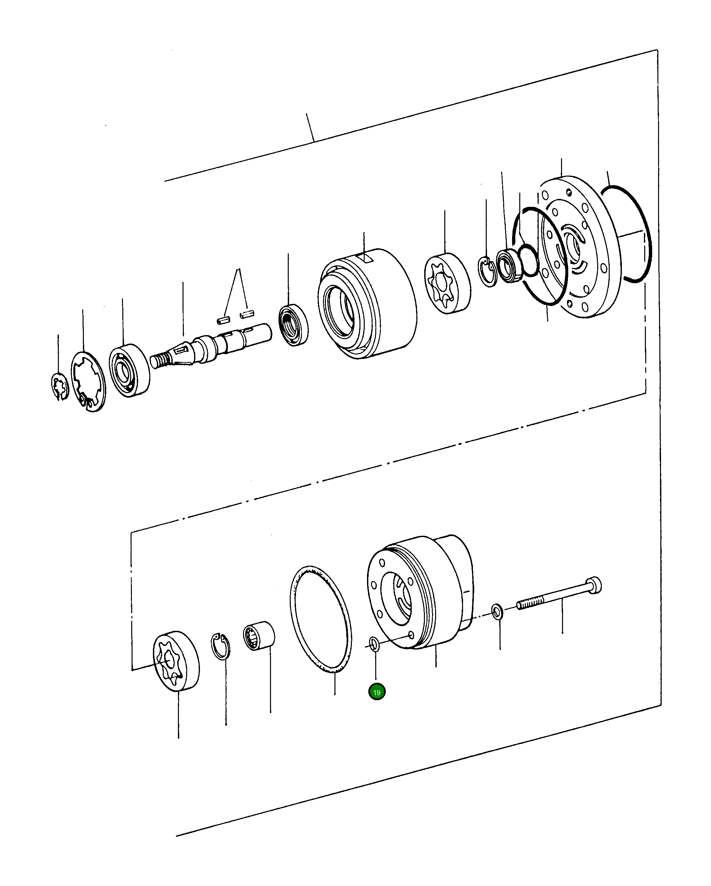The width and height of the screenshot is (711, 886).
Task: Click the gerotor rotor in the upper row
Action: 447,283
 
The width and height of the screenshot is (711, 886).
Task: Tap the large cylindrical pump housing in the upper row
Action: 367,304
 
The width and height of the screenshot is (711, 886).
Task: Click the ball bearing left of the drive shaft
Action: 129,370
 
